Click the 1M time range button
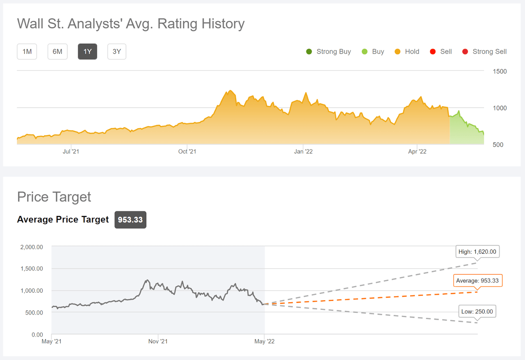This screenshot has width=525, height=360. click(x=27, y=52)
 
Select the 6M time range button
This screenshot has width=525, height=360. click(x=57, y=52)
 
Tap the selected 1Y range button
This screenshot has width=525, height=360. click(x=87, y=52)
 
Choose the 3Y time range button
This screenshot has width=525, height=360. click(x=117, y=52)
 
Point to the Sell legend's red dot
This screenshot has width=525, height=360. click(x=433, y=52)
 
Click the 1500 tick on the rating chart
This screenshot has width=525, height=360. click(x=500, y=71)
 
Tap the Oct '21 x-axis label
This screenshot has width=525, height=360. click(x=187, y=152)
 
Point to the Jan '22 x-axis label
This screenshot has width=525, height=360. click(x=303, y=152)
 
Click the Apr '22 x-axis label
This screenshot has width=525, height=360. click(x=417, y=152)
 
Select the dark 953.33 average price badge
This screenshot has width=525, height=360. click(x=130, y=220)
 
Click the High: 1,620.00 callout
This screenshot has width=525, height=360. click(x=477, y=252)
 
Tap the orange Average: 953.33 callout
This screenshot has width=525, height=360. click(x=478, y=281)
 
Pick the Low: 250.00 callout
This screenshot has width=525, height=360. click(x=477, y=312)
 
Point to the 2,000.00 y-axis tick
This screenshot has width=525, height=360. click(x=32, y=247)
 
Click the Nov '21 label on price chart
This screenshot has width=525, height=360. click(x=158, y=341)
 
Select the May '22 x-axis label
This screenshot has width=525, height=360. click(x=265, y=341)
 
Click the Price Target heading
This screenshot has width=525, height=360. click(x=54, y=197)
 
